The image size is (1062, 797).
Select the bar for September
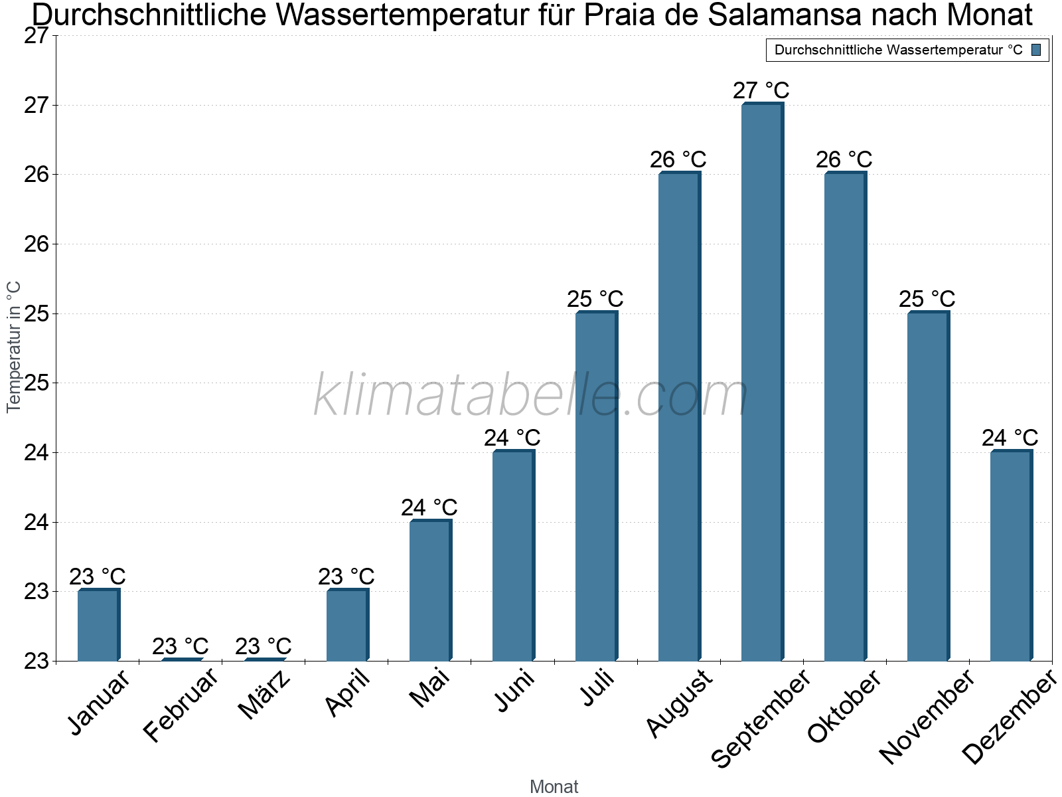coord(762,382)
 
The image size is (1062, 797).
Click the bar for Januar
coord(98,625)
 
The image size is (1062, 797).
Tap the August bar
coord(679,416)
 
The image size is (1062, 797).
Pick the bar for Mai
coord(430,590)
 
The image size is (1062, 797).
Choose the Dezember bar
coord(1011,556)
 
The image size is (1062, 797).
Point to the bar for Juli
coord(596,486)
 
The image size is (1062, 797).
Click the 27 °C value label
coord(761,90)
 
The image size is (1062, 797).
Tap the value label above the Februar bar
coord(180,646)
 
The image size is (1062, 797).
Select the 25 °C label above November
coord(927,299)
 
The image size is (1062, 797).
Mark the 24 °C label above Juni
coord(512,438)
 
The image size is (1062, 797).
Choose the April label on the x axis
coord(348,694)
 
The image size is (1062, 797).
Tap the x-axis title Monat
coord(554,787)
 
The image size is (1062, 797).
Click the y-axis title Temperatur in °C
coord(14,347)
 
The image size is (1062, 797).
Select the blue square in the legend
coord(1037,50)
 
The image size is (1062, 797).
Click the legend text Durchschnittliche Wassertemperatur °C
coord(898,50)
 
